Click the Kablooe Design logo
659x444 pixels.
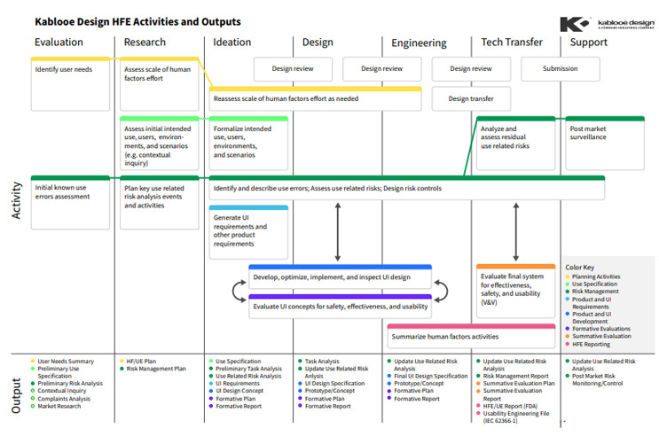click(x=608, y=23)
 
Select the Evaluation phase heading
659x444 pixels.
click(x=59, y=42)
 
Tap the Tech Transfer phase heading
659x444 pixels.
click(x=511, y=42)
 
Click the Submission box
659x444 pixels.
click(x=560, y=68)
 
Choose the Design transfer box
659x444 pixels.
click(x=471, y=98)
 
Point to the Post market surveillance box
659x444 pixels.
click(x=605, y=134)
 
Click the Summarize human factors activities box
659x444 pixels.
click(x=470, y=338)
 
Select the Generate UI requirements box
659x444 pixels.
click(x=248, y=231)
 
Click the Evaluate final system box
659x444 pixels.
click(x=515, y=290)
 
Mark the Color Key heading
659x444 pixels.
click(x=581, y=267)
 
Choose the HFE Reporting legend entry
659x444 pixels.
click(x=595, y=344)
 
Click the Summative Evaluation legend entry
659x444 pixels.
click(x=604, y=336)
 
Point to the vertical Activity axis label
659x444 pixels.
click(x=15, y=200)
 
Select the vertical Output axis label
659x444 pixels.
click(x=15, y=394)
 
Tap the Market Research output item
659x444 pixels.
click(x=63, y=406)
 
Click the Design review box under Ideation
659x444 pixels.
click(x=293, y=68)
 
